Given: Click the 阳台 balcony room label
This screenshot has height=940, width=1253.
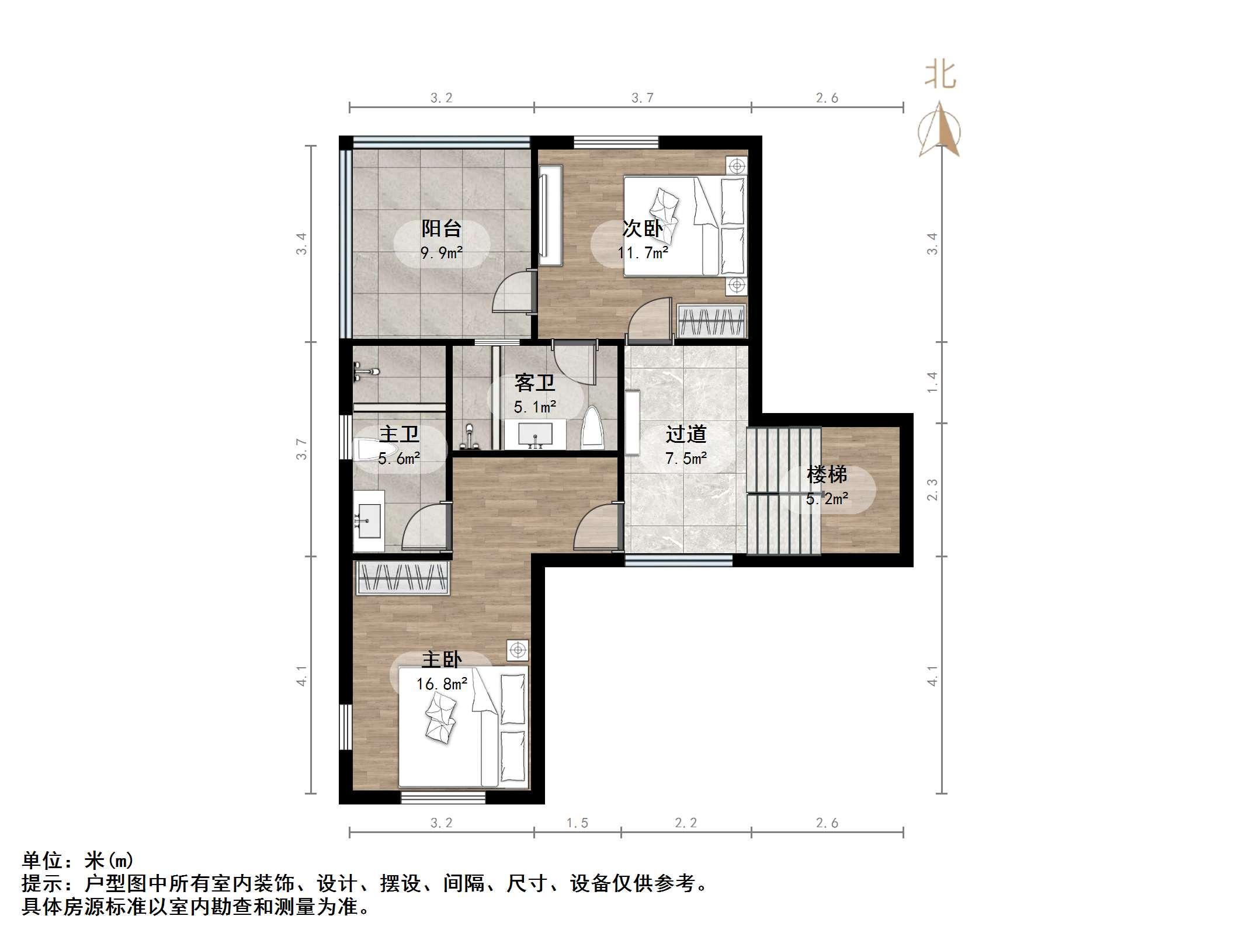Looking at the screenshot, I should [442, 228].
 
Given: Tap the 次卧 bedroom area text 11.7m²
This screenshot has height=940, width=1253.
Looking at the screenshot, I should [643, 253].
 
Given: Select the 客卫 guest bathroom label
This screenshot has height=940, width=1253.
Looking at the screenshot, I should [534, 383].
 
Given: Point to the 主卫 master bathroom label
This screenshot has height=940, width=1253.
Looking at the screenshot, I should [399, 434].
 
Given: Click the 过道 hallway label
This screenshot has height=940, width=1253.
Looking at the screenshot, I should [686, 434].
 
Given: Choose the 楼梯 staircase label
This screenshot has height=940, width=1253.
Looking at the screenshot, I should [827, 474].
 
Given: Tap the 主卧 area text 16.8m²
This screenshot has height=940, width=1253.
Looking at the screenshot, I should [442, 684].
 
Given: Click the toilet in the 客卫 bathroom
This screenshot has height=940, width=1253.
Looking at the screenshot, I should [593, 428].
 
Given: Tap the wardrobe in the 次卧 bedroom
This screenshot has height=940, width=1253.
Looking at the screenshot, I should [711, 321].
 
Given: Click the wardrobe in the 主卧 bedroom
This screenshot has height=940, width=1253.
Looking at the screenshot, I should [402, 578].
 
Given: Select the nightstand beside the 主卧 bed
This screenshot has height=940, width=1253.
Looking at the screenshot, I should [518, 650].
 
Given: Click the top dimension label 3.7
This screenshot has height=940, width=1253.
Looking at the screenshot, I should [643, 98].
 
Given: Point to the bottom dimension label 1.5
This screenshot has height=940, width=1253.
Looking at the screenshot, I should [577, 823].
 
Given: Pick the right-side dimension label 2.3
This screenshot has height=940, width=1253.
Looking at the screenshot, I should [932, 490].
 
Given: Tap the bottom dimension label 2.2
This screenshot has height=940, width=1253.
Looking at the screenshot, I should [686, 823].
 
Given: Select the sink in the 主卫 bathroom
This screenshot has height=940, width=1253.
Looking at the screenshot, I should [368, 521].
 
